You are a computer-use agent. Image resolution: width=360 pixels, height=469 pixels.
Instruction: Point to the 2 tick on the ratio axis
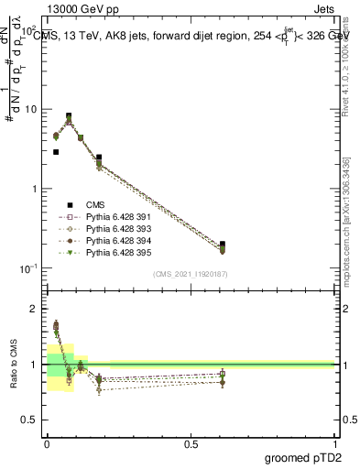[35, 309]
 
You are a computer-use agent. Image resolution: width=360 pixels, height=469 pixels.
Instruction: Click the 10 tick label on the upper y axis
[30, 110]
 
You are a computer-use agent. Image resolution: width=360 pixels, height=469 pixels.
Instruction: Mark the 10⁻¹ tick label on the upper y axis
[28, 268]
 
